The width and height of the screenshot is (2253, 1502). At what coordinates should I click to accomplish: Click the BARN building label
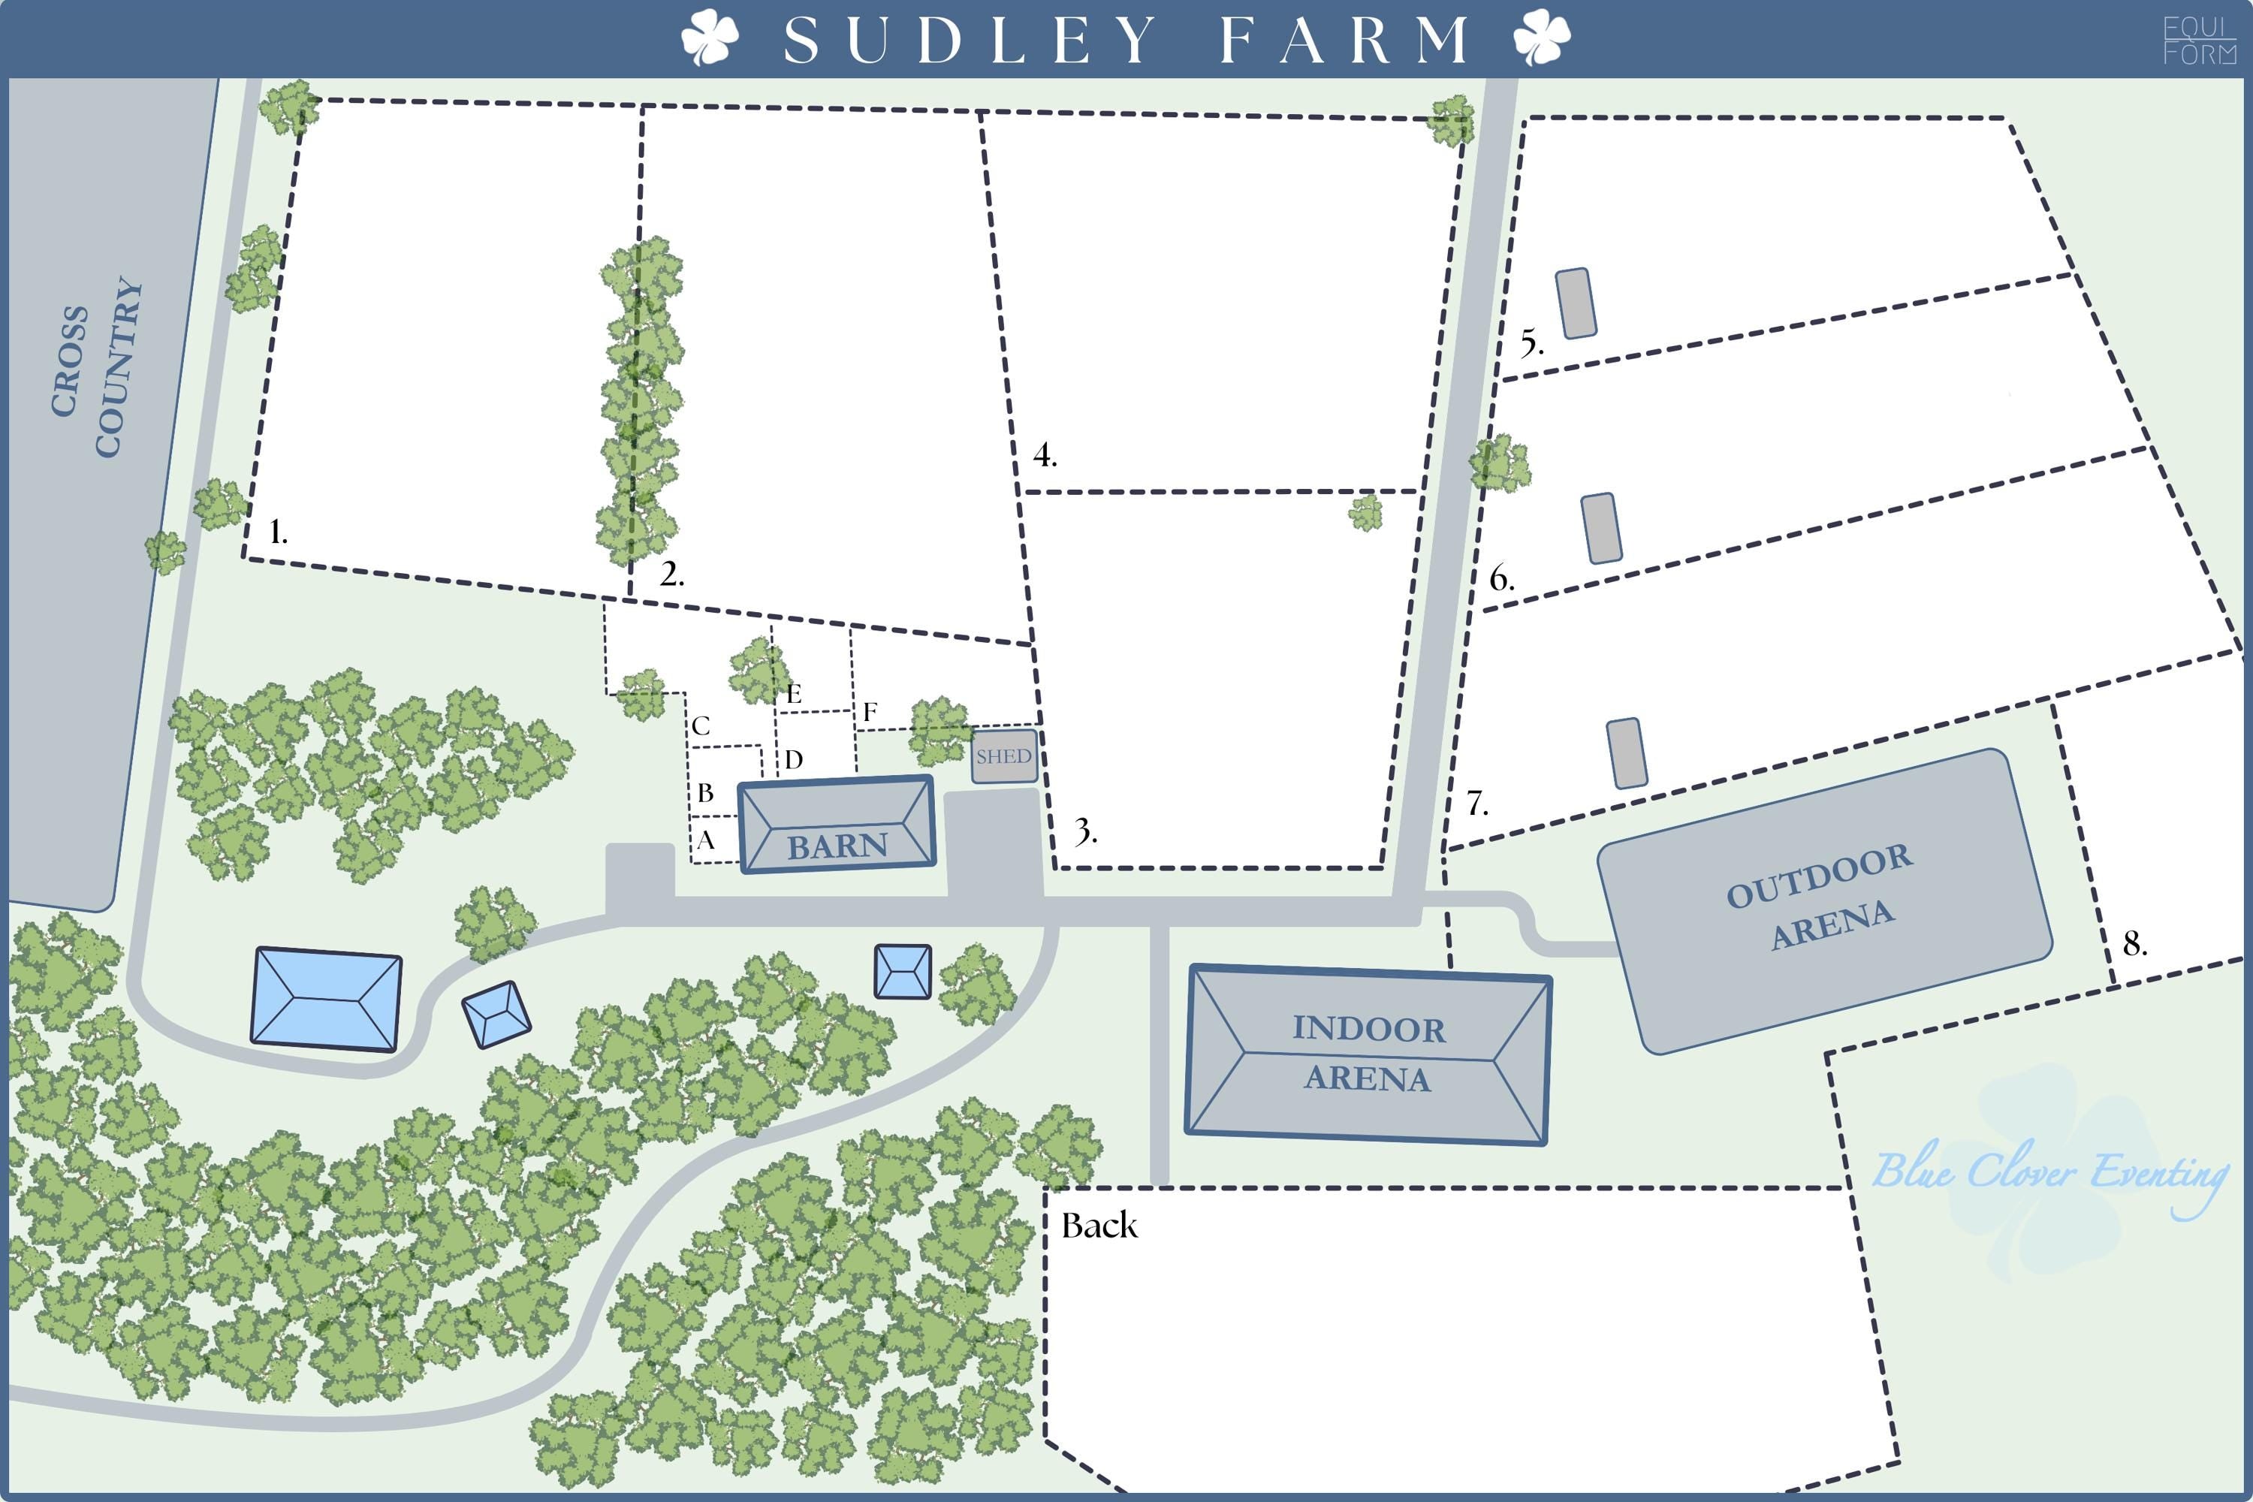tap(837, 846)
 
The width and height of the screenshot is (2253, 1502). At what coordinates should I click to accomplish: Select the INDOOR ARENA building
tap(1368, 1054)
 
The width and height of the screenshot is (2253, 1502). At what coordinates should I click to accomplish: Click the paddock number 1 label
tap(278, 532)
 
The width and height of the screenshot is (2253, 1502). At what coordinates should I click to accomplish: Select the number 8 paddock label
tap(2135, 943)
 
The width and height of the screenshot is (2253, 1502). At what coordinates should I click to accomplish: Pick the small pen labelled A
tap(706, 841)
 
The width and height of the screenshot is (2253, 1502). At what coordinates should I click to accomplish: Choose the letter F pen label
tap(870, 712)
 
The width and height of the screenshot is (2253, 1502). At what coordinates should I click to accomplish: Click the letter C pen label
tap(701, 726)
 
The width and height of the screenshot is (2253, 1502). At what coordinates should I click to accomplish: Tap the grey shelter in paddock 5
tap(1576, 303)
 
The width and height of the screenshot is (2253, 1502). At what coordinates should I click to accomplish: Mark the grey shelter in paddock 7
tap(1627, 753)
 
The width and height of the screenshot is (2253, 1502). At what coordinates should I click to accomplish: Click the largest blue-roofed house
tap(326, 999)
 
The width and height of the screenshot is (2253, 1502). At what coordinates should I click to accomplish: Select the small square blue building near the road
tap(903, 971)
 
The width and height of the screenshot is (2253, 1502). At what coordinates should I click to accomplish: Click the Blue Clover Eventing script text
tap(2050, 1173)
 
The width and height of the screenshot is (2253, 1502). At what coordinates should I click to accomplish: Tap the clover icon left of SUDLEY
tap(710, 38)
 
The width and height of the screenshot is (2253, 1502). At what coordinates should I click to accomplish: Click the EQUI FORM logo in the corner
tap(2200, 41)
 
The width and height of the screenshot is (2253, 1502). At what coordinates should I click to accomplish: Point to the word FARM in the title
tap(1344, 41)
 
